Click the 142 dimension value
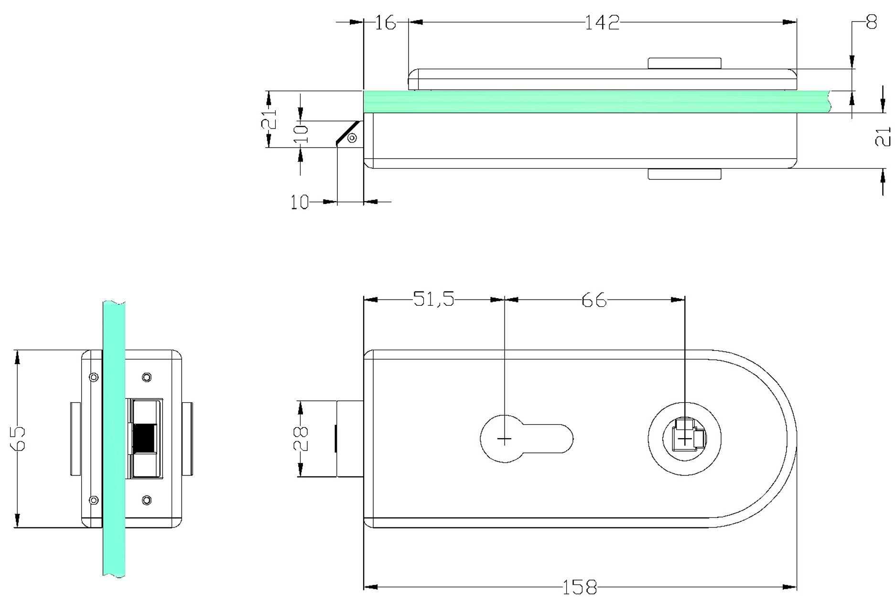tap(602, 22)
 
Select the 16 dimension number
tap(385, 22)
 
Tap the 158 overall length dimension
tap(580, 587)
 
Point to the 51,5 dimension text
tap(434, 299)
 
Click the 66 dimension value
tap(594, 300)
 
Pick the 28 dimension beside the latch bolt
tap(301, 439)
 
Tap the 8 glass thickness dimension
tap(872, 22)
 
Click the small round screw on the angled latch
tap(352, 138)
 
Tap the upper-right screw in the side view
tap(147, 377)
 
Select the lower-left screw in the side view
tap(94, 500)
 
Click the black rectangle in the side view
tap(144, 438)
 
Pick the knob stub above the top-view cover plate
tap(684, 64)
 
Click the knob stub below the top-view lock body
tap(684, 174)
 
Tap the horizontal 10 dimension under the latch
tap(300, 203)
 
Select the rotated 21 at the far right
tap(883, 137)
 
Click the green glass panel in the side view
tap(114, 439)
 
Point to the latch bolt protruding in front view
tap(350, 439)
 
